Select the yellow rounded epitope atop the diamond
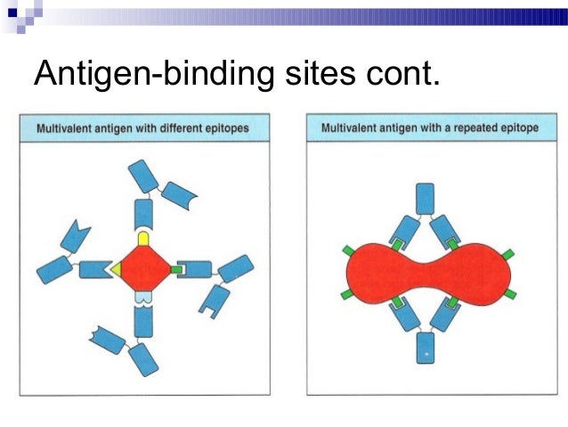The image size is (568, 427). [x=143, y=238]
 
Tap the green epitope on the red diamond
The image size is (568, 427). [x=176, y=268]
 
